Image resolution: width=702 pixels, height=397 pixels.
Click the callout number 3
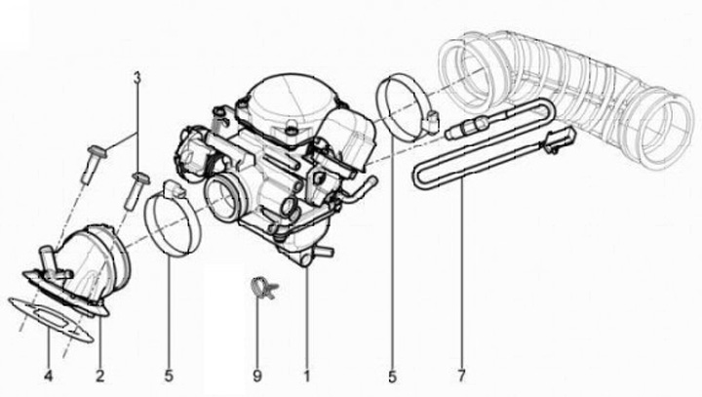click(x=137, y=77)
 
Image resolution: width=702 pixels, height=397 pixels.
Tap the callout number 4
click(x=49, y=376)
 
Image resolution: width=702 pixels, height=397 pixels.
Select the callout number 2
click(x=99, y=376)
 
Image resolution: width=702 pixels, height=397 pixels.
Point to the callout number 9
click(x=257, y=376)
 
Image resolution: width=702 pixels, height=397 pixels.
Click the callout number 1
click(x=307, y=376)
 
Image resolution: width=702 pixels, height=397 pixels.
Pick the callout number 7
click(x=461, y=376)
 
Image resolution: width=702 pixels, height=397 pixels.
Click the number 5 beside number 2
click(x=169, y=376)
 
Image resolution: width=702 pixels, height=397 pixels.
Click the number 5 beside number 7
click(x=392, y=376)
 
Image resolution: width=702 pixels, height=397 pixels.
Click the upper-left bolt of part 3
click(x=94, y=164)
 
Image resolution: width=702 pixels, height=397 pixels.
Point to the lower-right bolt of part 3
click(x=136, y=190)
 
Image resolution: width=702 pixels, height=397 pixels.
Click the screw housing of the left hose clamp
click(x=175, y=189)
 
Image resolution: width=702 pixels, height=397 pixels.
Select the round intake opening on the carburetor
click(x=222, y=199)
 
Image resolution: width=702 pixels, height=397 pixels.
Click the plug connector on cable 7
click(x=559, y=139)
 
